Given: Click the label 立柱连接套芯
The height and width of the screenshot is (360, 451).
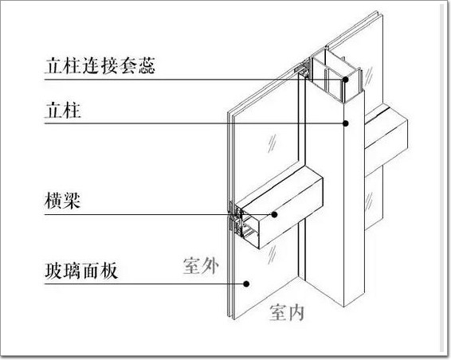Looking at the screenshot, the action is pyautogui.click(x=100, y=66).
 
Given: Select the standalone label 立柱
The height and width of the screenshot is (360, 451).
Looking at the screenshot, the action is pyautogui.click(x=63, y=111).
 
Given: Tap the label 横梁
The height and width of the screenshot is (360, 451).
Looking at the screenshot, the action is pyautogui.click(x=62, y=201).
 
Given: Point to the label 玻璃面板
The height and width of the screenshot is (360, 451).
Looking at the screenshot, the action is pyautogui.click(x=81, y=271).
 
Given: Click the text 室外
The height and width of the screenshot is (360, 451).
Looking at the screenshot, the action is pyautogui.click(x=201, y=266).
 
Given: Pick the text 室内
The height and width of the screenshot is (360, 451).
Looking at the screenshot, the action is pyautogui.click(x=287, y=312).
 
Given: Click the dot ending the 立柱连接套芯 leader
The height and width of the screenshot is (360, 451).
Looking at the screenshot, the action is pyautogui.click(x=346, y=80).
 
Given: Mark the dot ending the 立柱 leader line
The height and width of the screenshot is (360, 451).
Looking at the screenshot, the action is pyautogui.click(x=346, y=123).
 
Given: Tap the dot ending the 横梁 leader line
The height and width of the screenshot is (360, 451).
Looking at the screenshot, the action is pyautogui.click(x=274, y=214).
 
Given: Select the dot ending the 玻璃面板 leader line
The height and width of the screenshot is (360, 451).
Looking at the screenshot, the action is pyautogui.click(x=246, y=284).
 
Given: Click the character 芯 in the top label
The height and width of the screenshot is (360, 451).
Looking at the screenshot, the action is pyautogui.click(x=147, y=66).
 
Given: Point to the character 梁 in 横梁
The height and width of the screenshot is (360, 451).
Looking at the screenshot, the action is pyautogui.click(x=72, y=201).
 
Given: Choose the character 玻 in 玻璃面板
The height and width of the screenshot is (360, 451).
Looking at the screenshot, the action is pyautogui.click(x=53, y=271).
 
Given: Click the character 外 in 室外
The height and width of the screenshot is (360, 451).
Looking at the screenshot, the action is pyautogui.click(x=210, y=266).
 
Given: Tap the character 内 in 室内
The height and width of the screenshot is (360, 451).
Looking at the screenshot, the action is pyautogui.click(x=296, y=312).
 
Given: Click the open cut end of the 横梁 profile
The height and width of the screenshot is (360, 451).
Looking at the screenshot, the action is pyautogui.click(x=245, y=225).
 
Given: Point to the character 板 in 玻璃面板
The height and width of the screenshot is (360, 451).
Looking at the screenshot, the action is pyautogui.click(x=109, y=271).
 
